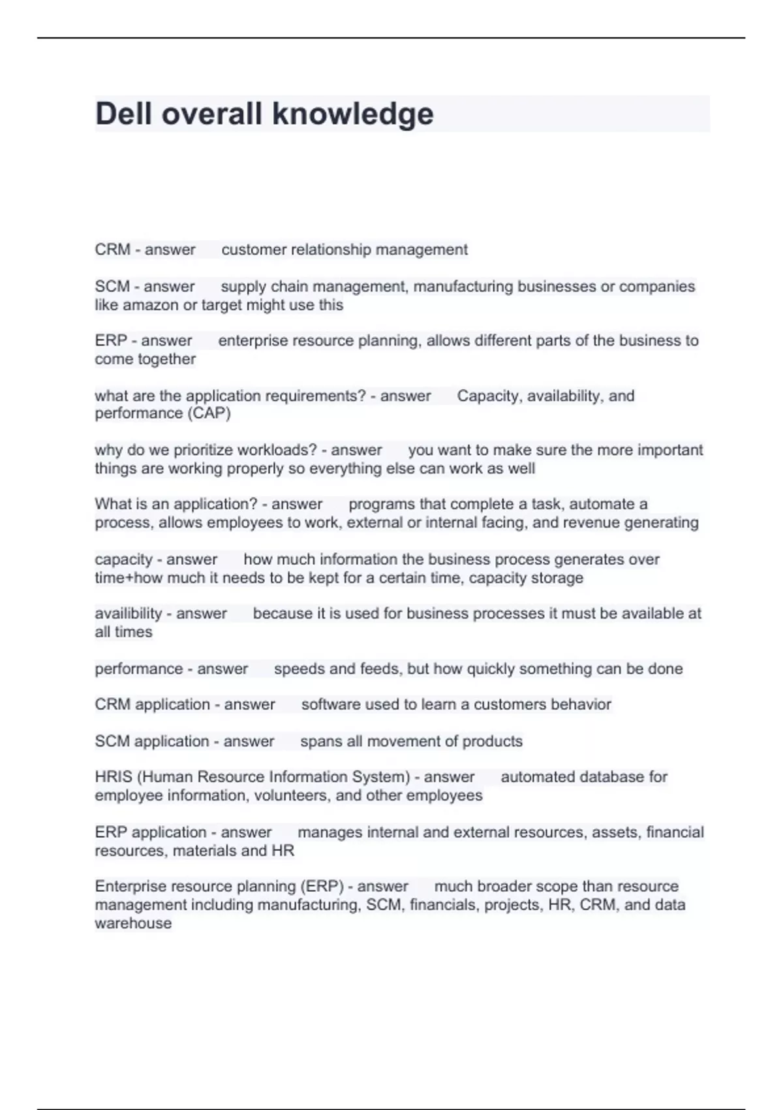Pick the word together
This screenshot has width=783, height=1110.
pyautogui.click(x=166, y=359)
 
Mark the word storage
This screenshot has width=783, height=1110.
pyautogui.click(x=557, y=578)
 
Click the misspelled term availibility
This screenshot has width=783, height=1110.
pyautogui.click(x=129, y=614)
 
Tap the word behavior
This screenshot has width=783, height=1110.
pyautogui.click(x=581, y=705)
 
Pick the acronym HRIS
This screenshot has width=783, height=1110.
pyautogui.click(x=114, y=777)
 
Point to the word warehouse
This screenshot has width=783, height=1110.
pyautogui.click(x=133, y=923)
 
